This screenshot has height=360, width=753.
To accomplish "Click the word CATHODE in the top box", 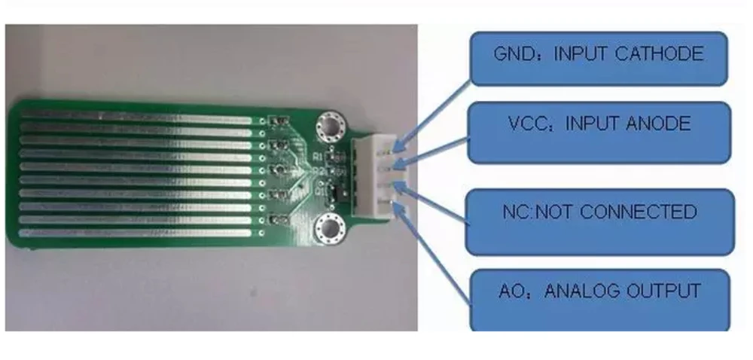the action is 659,53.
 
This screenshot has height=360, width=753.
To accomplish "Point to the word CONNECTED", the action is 640,212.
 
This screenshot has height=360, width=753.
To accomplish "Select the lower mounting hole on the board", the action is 330,228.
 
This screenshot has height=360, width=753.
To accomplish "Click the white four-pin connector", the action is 380,177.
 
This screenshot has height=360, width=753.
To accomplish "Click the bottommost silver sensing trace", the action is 136,233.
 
